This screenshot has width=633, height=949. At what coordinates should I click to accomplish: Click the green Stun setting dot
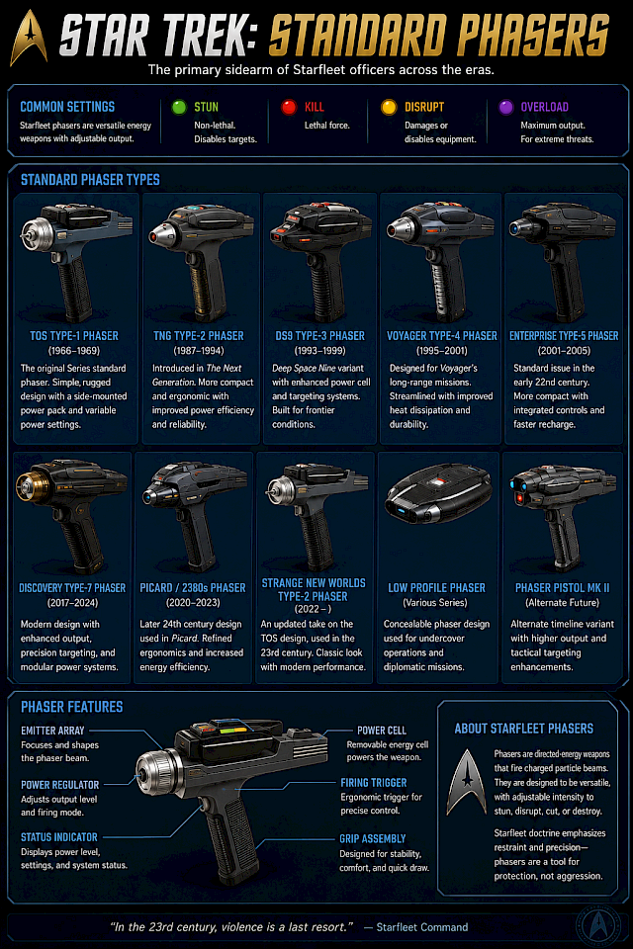[x=179, y=107]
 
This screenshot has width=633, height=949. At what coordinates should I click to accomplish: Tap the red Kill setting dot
[x=289, y=107]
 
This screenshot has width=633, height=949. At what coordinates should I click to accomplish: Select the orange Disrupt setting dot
[x=389, y=107]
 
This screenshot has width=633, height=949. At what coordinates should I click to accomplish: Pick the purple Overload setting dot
[x=505, y=107]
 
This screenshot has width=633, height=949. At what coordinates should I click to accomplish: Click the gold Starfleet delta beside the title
[x=29, y=39]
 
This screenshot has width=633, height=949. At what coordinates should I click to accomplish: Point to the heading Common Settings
[x=67, y=107]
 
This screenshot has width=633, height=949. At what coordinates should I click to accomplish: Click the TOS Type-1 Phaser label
[x=74, y=336]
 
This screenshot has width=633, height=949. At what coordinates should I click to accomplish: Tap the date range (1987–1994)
[x=199, y=350]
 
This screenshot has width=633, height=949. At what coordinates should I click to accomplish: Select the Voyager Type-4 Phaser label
[x=441, y=336]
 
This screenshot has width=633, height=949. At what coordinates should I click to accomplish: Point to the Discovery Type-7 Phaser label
[x=72, y=587]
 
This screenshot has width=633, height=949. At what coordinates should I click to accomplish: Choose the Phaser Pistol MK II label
[x=562, y=587]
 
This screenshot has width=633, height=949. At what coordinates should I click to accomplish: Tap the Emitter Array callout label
[x=52, y=731]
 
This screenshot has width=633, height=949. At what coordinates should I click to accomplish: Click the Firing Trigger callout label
[x=374, y=783]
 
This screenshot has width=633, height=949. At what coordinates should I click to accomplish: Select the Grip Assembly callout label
[x=373, y=839]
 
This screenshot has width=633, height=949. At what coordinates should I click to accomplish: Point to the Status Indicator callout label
[x=58, y=837]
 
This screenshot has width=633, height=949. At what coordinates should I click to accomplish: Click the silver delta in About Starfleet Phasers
[x=467, y=782]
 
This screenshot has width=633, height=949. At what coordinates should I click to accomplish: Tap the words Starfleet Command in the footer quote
[x=422, y=927]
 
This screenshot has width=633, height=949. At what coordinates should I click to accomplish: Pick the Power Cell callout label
[x=382, y=731]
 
